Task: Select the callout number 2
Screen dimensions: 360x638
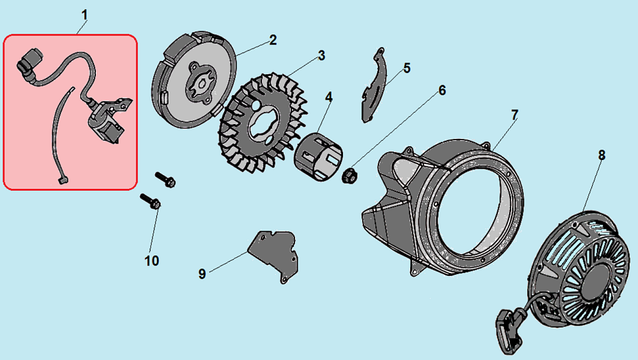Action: (x=273, y=40)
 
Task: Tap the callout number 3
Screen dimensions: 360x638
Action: (x=321, y=55)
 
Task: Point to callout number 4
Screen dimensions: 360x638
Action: (x=328, y=97)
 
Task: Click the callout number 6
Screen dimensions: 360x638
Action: (x=442, y=90)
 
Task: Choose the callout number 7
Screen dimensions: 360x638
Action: (x=515, y=115)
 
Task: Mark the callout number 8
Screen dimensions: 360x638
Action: (x=601, y=155)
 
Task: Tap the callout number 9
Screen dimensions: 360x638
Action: (x=202, y=273)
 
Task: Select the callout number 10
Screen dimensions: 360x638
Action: (x=152, y=260)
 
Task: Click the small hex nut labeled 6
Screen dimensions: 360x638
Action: (x=349, y=176)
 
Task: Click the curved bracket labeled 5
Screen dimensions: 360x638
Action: (x=373, y=87)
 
